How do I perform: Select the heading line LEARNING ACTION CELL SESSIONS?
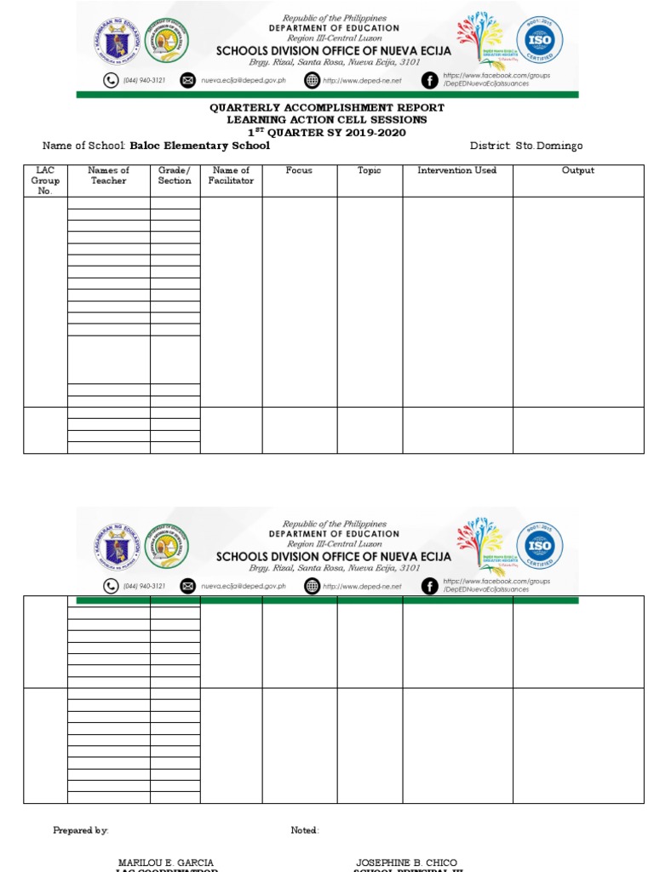327,120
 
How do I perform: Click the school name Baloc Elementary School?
199,146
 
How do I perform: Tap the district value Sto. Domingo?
549,146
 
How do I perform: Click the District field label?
490,146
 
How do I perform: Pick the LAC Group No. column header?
45,181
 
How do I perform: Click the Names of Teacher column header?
108,175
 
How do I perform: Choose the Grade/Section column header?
175,175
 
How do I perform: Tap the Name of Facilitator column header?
231,175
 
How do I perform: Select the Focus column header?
299,170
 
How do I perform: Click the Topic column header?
370,170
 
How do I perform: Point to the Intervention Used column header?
456,170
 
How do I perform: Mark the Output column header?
577,170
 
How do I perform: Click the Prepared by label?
81,830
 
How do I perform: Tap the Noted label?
304,830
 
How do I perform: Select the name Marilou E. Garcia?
166,863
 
